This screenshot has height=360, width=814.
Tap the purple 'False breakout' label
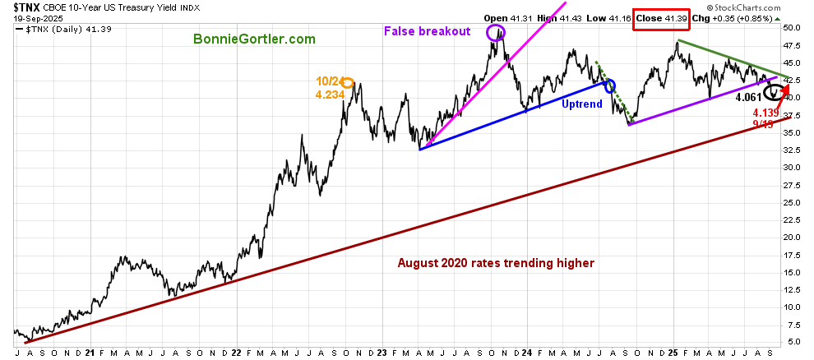pyautogui.click(x=427, y=31)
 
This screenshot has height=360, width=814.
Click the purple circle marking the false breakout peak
pyautogui.click(x=495, y=33)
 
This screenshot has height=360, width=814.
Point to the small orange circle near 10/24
pyautogui.click(x=348, y=82)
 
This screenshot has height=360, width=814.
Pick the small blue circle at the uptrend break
pyautogui.click(x=609, y=85)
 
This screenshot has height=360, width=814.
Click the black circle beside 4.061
pyautogui.click(x=772, y=91)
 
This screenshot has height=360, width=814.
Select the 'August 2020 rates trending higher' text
pyautogui.click(x=496, y=263)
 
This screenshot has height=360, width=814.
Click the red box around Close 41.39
pyautogui.click(x=659, y=17)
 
